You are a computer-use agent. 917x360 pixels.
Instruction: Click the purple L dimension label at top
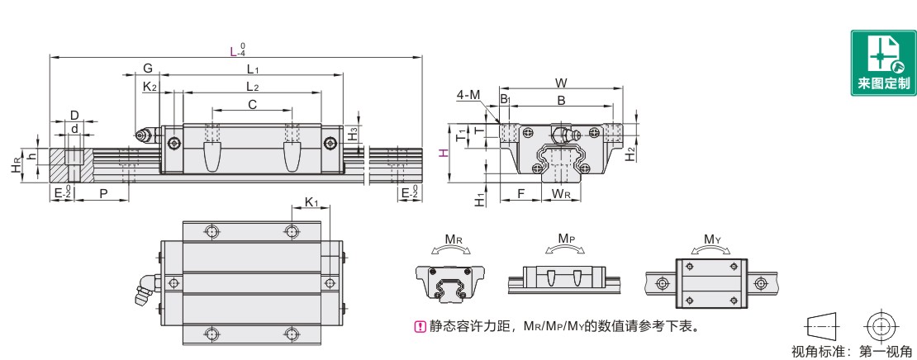point(233,51)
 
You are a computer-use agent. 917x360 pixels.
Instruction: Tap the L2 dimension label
point(253,87)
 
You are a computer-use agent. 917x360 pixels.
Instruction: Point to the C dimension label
point(253,104)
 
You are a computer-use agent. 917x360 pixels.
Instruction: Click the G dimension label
point(147,68)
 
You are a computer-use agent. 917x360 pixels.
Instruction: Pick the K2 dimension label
point(150,87)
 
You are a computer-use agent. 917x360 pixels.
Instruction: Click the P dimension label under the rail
point(102,192)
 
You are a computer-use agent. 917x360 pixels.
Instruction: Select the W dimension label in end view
point(561,83)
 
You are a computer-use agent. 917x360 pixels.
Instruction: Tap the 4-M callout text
point(468,96)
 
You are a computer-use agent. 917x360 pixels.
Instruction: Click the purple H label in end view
point(443,153)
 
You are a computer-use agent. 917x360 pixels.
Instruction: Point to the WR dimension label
point(561,194)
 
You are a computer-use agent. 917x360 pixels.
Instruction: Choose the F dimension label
point(520,193)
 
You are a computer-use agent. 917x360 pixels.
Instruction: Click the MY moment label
point(713,239)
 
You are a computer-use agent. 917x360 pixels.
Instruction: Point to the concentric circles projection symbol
point(881,324)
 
